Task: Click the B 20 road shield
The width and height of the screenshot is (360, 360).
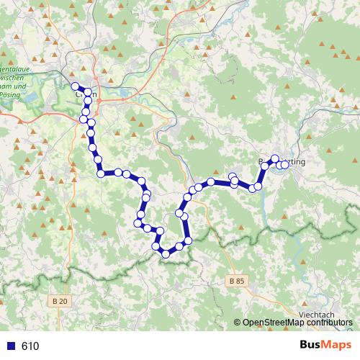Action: pos(59,300)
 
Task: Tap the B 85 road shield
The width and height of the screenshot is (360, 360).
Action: pos(235,280)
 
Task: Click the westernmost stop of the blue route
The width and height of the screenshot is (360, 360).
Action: pos(75,87)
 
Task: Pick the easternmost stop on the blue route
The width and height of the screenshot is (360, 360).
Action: pos(284,164)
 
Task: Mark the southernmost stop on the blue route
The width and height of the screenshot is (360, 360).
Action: pos(166,253)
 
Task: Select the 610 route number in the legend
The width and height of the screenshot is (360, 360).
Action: pos(30,346)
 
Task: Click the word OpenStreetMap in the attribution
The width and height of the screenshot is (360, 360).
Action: pos(274,323)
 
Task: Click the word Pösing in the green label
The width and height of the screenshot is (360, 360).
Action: pos(10,94)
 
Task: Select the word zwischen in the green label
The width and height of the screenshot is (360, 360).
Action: pos(14,77)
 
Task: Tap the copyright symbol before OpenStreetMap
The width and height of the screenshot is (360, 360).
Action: pos(238,323)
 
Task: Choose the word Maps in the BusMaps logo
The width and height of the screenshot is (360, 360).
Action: pos(335,346)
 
